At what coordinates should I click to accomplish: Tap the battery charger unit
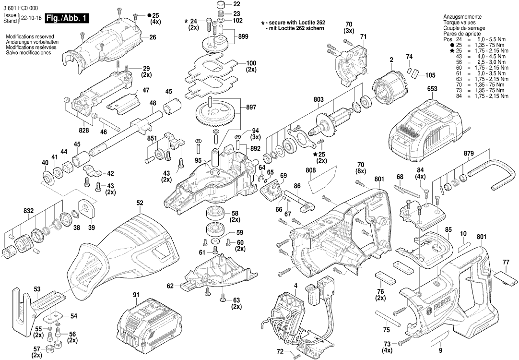click(x=422, y=132)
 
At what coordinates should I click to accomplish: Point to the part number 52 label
click(x=140, y=203)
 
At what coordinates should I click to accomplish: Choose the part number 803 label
click(x=318, y=99)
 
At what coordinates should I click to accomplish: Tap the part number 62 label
click(x=170, y=286)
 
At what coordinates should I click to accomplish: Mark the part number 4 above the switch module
click(x=296, y=286)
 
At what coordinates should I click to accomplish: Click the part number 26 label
click(x=153, y=37)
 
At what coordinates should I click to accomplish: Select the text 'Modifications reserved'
click(x=30, y=37)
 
